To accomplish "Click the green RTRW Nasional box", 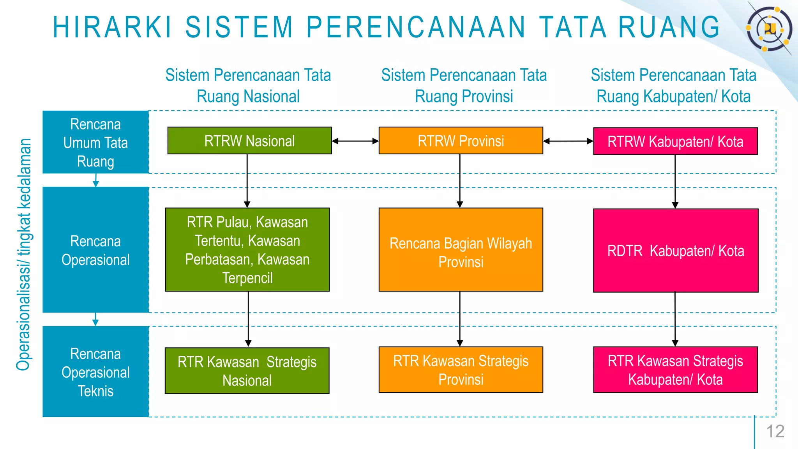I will click(x=249, y=141).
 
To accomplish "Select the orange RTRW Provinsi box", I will click(x=461, y=141).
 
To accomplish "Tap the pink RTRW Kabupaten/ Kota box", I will click(x=675, y=141).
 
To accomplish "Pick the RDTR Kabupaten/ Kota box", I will click(x=676, y=251).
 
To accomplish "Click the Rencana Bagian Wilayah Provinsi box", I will click(x=461, y=250).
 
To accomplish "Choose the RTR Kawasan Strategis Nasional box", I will click(x=247, y=371).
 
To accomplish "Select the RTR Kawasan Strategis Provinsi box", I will click(x=461, y=370).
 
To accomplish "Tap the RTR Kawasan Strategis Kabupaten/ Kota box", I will click(x=675, y=370).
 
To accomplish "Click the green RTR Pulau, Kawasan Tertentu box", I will click(x=247, y=250).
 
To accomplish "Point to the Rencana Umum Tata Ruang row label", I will click(x=95, y=142).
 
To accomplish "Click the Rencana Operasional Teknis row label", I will click(x=95, y=372).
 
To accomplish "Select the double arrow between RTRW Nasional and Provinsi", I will click(x=355, y=141).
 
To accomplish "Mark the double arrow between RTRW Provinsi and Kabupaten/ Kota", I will click(x=568, y=141).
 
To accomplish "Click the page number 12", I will click(x=775, y=431).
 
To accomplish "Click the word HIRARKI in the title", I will click(x=112, y=27).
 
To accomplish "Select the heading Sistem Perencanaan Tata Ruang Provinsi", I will click(x=464, y=86).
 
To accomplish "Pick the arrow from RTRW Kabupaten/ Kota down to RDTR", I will click(x=675, y=182).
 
